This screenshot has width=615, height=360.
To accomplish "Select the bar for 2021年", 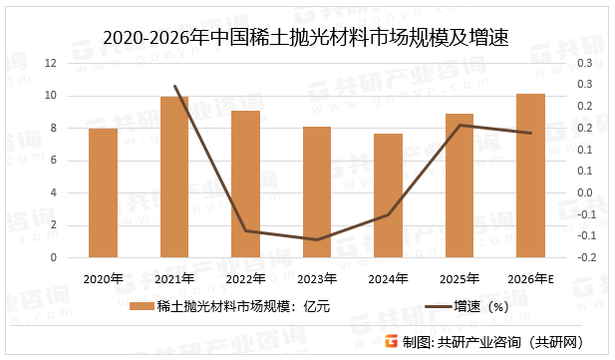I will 174,177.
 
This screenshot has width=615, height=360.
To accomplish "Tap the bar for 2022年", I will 245,183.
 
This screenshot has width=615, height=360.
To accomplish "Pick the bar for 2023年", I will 317,191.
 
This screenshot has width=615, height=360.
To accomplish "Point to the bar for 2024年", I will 388,195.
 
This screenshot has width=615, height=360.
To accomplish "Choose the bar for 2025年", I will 460,185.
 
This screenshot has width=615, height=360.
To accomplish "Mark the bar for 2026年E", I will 530,176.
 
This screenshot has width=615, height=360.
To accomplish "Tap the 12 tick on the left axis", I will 50,63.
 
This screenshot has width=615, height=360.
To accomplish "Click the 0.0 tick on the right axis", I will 585,192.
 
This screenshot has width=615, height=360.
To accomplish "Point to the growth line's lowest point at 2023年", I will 317,239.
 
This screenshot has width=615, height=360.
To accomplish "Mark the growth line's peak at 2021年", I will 174,87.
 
